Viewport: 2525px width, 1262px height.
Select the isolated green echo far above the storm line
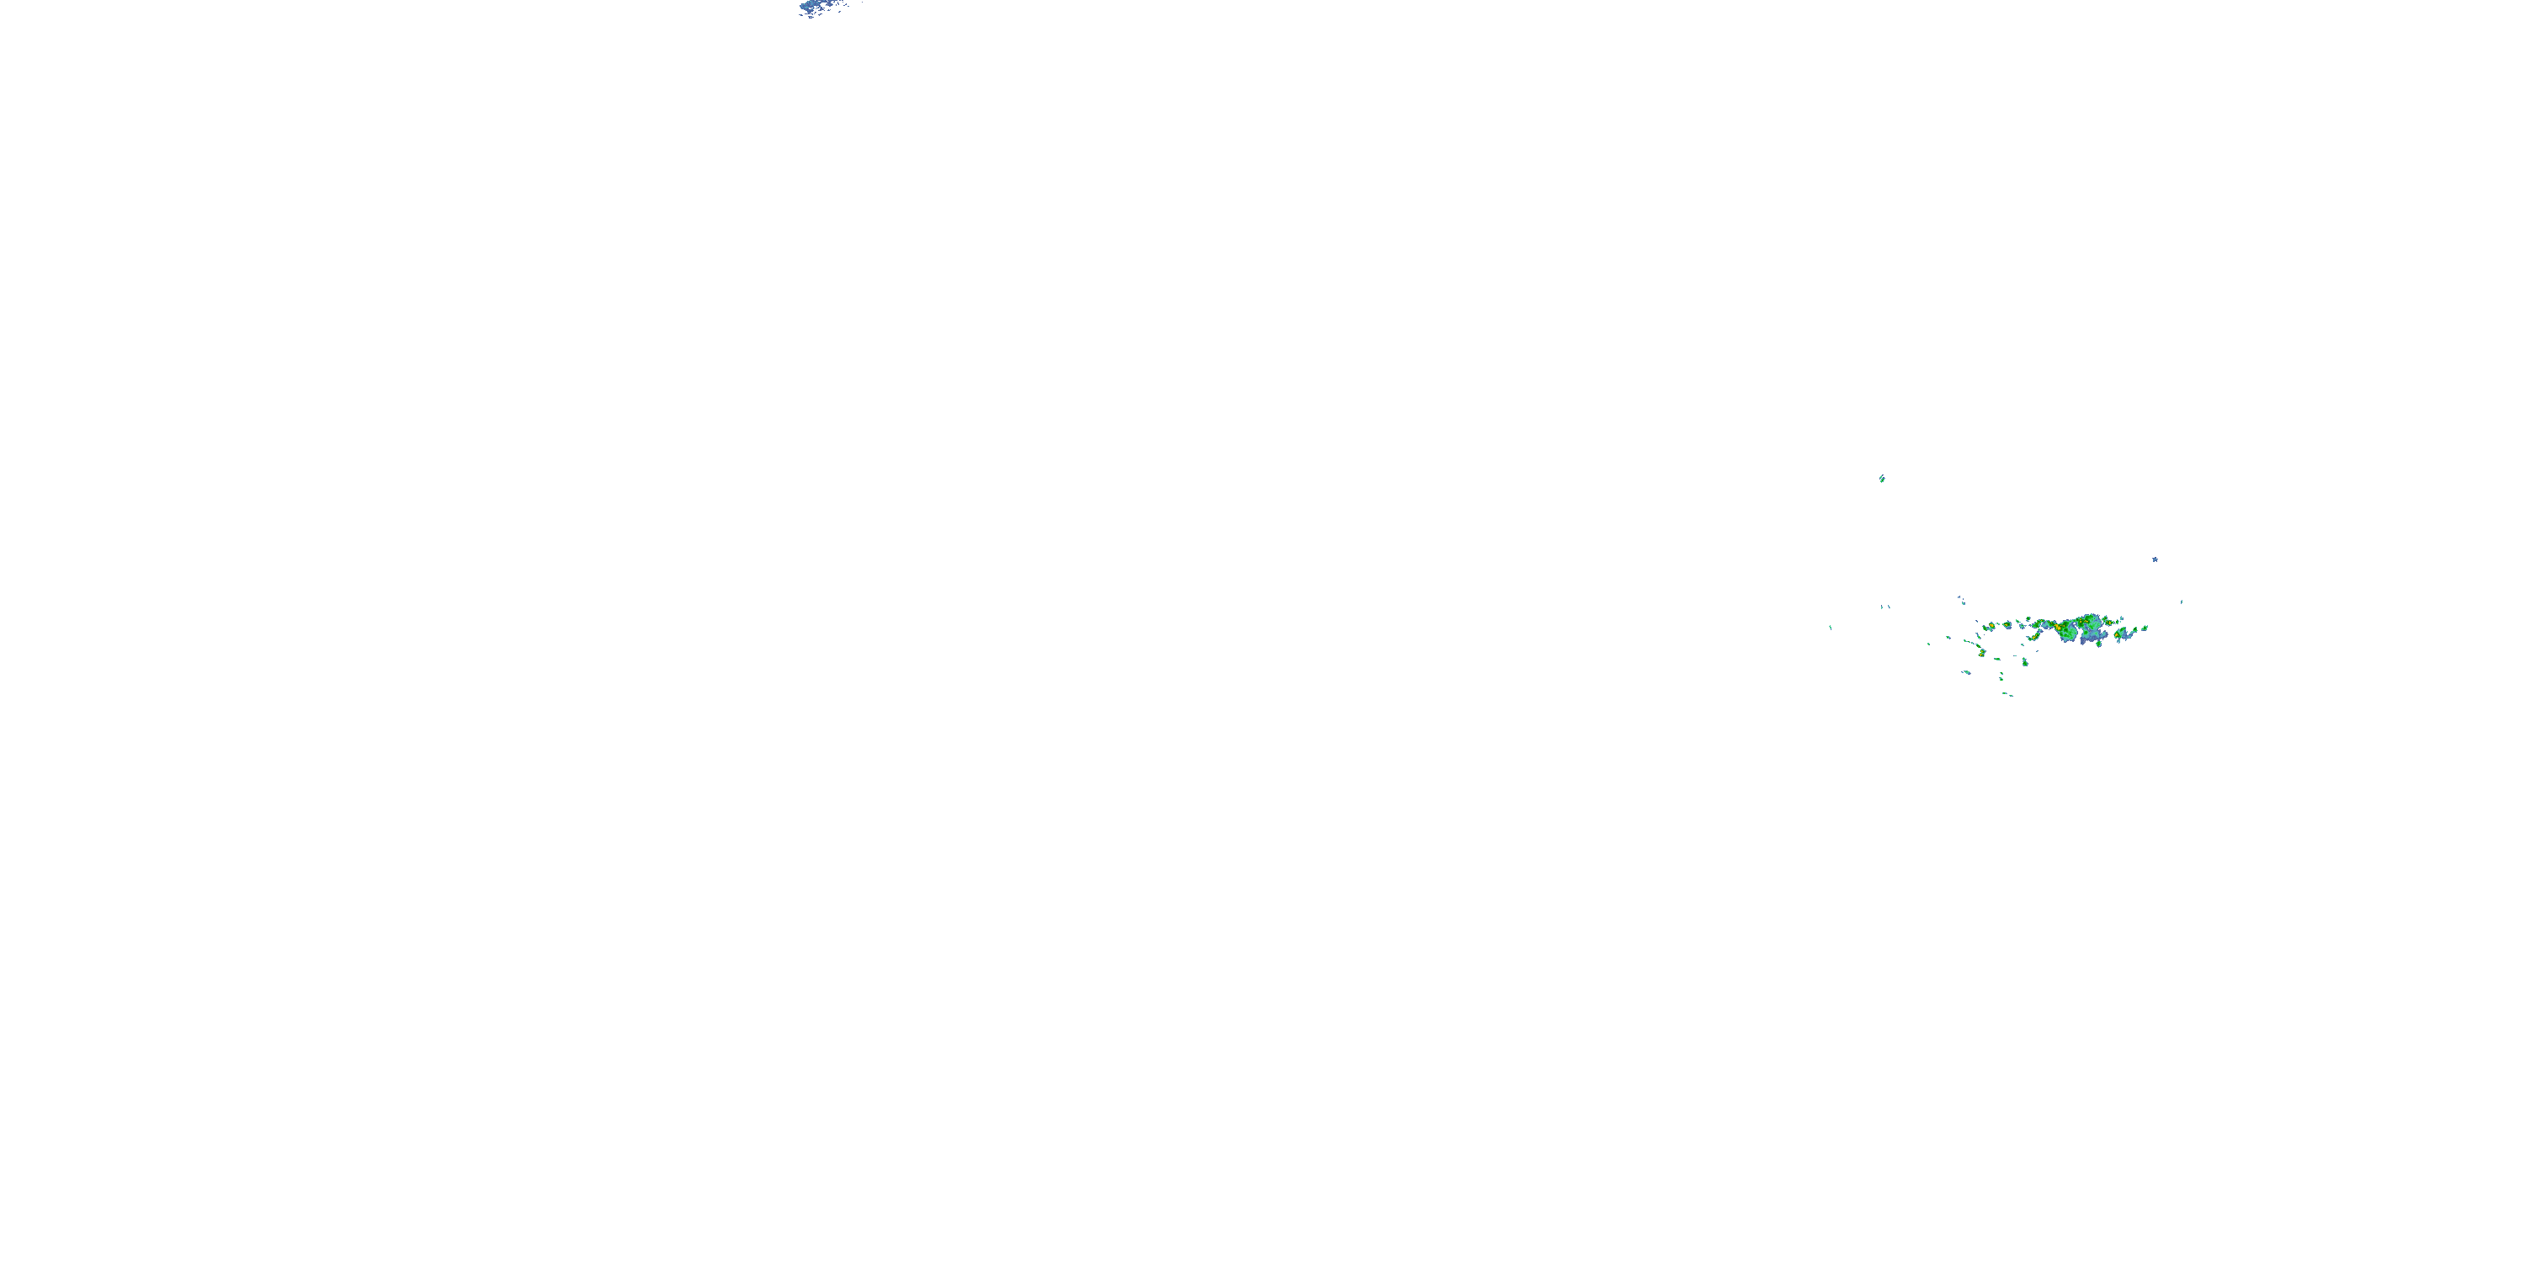click(x=1882, y=478)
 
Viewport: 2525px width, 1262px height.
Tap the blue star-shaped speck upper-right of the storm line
click(x=2155, y=559)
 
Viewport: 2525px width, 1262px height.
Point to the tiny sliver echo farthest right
click(x=2182, y=602)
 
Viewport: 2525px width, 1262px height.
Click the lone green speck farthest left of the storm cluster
click(x=1830, y=627)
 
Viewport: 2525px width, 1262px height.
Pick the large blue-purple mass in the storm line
click(x=2092, y=636)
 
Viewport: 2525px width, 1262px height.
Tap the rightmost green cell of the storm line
click(x=2145, y=628)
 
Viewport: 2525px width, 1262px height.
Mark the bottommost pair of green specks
click(x=2008, y=695)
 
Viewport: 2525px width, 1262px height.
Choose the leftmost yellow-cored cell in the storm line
click(x=1991, y=625)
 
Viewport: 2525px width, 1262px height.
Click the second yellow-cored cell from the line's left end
click(x=2007, y=625)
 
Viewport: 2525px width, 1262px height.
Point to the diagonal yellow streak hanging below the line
click(x=2036, y=637)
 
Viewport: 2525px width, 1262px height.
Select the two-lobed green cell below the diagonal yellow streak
click(x=2025, y=662)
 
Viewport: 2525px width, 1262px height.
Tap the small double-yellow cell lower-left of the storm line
click(x=1983, y=653)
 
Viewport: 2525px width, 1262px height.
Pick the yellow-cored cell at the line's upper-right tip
click(x=2109, y=623)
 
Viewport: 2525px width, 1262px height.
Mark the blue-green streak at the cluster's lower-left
click(x=1967, y=672)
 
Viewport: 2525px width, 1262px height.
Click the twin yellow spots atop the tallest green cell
click(x=2084, y=621)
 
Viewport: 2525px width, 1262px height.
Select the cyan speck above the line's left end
click(x=1964, y=603)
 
